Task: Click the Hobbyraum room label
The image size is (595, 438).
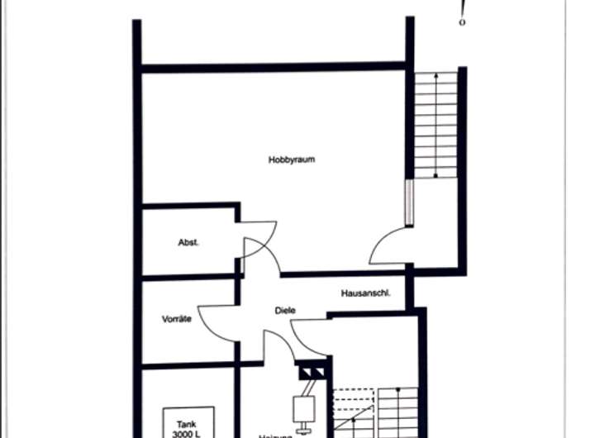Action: click(292, 159)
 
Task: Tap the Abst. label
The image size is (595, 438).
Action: click(189, 242)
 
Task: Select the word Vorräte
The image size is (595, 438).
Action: click(176, 318)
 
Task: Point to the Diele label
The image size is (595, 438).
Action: click(285, 311)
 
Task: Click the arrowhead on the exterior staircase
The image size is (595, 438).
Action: click(436, 76)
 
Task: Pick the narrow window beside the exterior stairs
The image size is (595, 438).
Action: click(408, 202)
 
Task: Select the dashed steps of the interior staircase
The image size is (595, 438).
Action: click(353, 405)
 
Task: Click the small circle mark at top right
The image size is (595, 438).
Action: click(462, 22)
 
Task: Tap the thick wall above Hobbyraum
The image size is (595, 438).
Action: click(273, 67)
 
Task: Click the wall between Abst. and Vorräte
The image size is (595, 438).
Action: click(190, 277)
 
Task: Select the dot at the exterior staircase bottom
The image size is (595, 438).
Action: click(436, 175)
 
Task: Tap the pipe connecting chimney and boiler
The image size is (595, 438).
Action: click(306, 388)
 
